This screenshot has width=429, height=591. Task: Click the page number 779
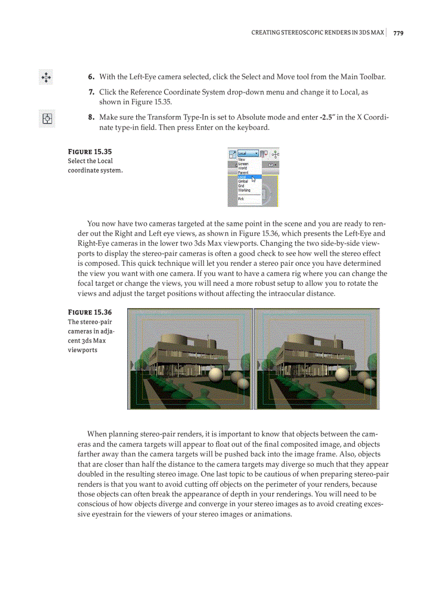pos(398,33)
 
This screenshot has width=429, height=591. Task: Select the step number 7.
pos(91,92)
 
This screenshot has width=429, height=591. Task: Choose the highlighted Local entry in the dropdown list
pos(243,177)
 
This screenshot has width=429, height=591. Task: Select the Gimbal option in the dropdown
pos(243,181)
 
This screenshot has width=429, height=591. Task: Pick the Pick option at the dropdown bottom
pos(241,199)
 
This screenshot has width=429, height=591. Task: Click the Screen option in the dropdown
pos(243,164)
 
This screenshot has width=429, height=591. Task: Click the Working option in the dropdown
pos(244,190)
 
